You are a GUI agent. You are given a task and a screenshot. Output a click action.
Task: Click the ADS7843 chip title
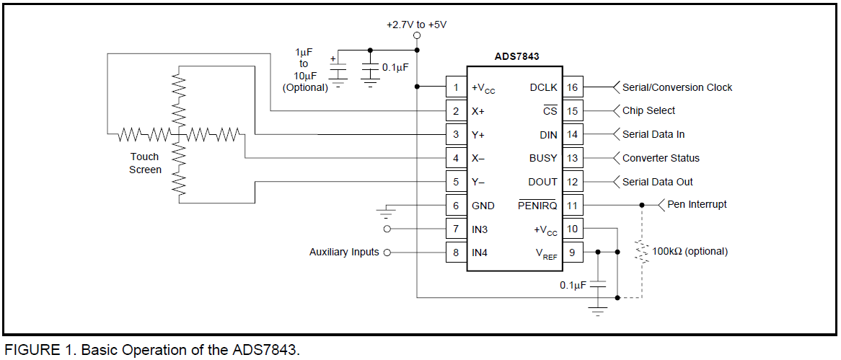516,56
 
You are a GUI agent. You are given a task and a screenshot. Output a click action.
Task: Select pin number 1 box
456,87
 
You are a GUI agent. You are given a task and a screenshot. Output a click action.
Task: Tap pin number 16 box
572,87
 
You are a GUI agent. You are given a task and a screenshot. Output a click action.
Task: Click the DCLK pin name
543,87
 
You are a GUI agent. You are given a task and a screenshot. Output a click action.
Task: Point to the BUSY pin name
543,158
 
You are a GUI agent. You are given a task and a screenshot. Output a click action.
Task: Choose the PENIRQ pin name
537,205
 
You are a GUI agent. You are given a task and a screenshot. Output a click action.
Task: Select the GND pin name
483,206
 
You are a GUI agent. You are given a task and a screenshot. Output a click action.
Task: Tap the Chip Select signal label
648,110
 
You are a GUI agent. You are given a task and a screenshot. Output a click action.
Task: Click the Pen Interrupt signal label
697,204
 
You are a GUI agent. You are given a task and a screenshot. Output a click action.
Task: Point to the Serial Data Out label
658,182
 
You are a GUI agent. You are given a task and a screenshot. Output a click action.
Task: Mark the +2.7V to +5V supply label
417,25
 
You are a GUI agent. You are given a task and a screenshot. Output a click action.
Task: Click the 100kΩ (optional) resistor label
690,251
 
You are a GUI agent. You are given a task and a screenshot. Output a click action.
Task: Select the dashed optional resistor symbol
641,251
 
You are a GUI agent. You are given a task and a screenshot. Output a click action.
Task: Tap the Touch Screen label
145,163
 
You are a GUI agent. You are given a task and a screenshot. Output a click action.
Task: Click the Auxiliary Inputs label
344,253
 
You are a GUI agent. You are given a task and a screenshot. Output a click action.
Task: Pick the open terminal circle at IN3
387,229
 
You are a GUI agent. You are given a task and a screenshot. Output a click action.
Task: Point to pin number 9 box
572,253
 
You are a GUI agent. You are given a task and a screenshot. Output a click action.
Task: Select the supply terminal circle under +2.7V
417,36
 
